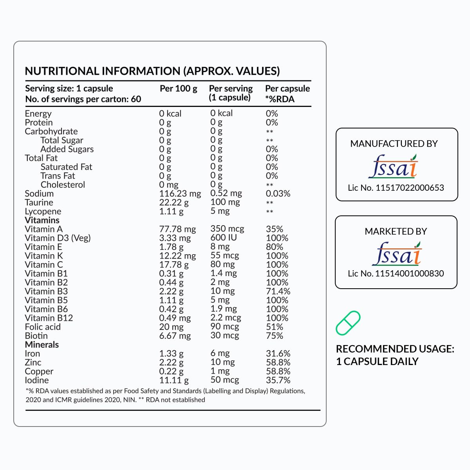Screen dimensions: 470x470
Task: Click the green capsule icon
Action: click(348, 323)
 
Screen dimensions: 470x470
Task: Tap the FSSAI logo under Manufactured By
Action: click(393, 166)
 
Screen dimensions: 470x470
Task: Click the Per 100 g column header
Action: click(178, 89)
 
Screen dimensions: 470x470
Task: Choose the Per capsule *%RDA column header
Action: click(287, 94)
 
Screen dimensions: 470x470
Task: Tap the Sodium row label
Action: click(39, 193)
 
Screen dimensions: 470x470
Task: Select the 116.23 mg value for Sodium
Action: click(180, 193)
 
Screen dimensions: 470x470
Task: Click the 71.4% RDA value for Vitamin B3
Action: click(278, 291)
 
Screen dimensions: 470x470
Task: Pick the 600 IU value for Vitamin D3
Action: click(224, 237)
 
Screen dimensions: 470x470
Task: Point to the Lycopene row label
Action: click(43, 211)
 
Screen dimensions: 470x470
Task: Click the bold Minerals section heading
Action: click(42, 345)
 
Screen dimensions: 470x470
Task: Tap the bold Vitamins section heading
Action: click(42, 220)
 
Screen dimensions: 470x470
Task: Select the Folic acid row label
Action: click(43, 327)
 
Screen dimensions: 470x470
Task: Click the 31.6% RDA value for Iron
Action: click(278, 354)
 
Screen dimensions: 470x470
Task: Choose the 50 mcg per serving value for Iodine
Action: click(224, 380)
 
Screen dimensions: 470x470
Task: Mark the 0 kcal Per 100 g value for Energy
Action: click(170, 114)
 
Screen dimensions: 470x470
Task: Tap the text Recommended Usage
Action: click(395, 349)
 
